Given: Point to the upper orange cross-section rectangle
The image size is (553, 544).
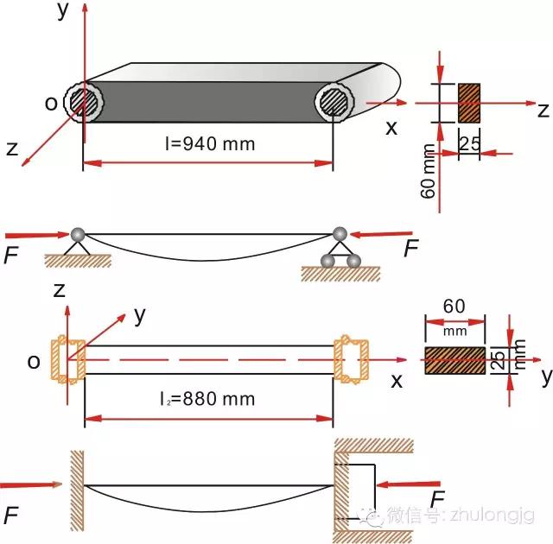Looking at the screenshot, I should tap(470, 102).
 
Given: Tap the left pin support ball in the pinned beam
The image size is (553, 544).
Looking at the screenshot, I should tap(78, 234).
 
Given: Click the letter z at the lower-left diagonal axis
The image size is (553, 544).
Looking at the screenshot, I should tap(12, 149).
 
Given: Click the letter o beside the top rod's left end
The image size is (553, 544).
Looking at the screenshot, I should tap(51, 103).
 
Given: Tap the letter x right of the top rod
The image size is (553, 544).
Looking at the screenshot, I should tap(391, 128).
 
